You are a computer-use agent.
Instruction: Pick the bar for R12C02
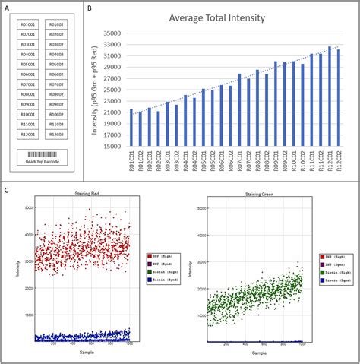339,98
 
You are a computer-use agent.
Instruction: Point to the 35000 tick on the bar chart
113,33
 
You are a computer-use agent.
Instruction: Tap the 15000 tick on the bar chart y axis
113,147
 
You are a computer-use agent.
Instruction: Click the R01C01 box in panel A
27,25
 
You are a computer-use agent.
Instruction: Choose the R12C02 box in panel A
55,133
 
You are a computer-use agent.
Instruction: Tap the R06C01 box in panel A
27,74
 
